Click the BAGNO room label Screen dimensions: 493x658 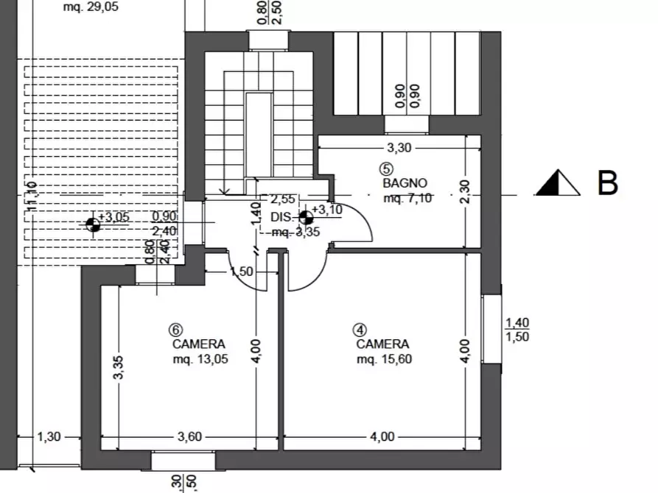pyautogui.click(x=405, y=182)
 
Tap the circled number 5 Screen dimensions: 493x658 pyautogui.click(x=388, y=167)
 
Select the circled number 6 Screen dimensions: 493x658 pyautogui.click(x=175, y=329)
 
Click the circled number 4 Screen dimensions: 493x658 pyautogui.click(x=359, y=329)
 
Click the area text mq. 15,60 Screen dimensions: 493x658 pyautogui.click(x=383, y=359)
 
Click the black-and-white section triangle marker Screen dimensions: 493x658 pyautogui.click(x=558, y=183)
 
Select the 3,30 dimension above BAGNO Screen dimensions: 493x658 pyautogui.click(x=399, y=147)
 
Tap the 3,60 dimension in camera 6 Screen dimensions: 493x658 pyautogui.click(x=189, y=436)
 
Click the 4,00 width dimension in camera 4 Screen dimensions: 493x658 pyautogui.click(x=381, y=436)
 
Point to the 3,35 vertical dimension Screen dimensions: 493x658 pyautogui.click(x=119, y=368)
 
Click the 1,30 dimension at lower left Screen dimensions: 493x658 pyautogui.click(x=49, y=436)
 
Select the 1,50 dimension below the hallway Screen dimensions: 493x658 pyautogui.click(x=242, y=272)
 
